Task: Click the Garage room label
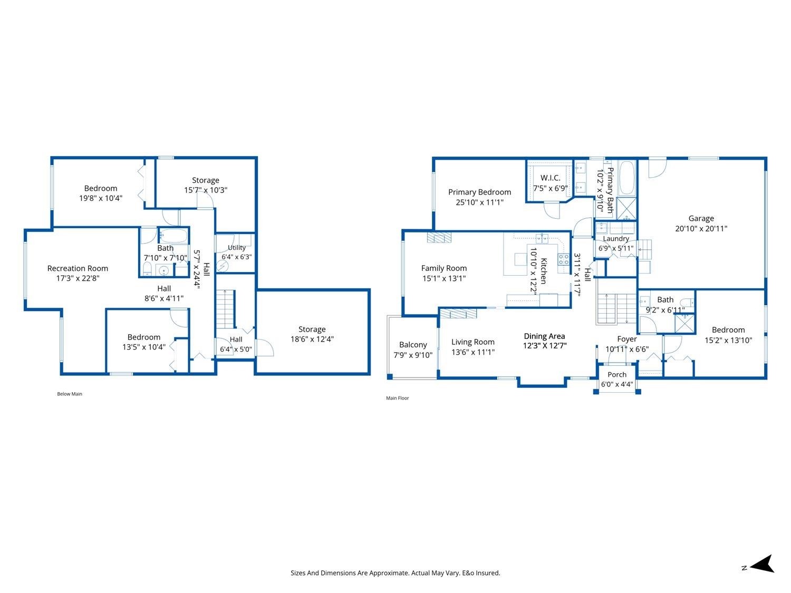(x=701, y=218)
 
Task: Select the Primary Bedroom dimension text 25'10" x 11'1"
(x=479, y=202)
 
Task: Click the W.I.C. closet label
(x=551, y=178)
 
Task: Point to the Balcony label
(x=413, y=345)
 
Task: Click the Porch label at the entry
(x=617, y=374)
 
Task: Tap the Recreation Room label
(x=78, y=268)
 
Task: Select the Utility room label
(x=237, y=248)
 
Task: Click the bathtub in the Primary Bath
(x=627, y=178)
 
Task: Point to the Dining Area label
(x=544, y=336)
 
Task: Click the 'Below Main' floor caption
(x=70, y=394)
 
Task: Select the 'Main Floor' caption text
(x=398, y=398)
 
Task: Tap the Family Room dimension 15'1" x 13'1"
(x=444, y=278)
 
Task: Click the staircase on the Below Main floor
(x=226, y=309)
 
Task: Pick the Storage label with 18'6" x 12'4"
(x=312, y=329)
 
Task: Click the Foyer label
(x=626, y=339)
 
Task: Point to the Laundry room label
(x=616, y=239)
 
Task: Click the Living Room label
(x=473, y=342)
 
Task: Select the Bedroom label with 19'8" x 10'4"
(x=101, y=188)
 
